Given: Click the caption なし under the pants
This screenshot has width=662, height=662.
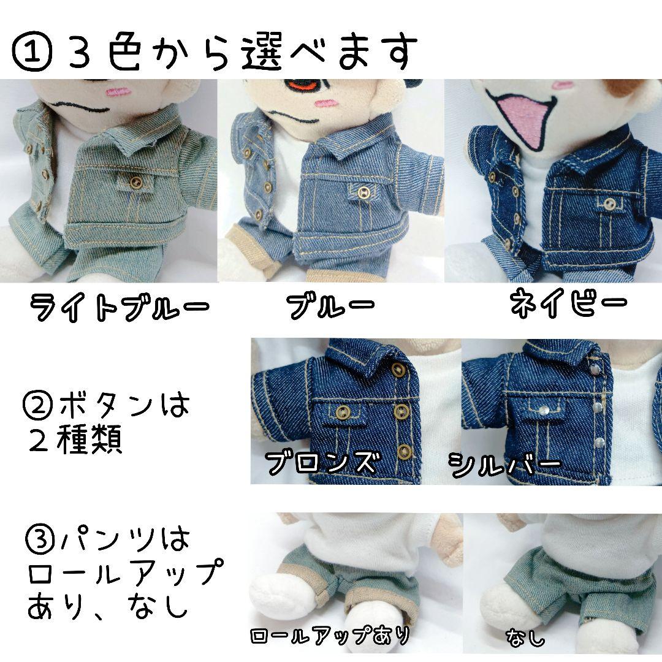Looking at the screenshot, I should [525, 638].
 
